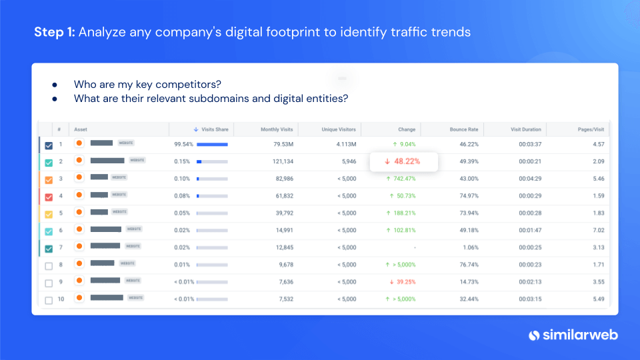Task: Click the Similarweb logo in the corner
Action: (x=573, y=335)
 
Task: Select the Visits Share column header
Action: (x=211, y=129)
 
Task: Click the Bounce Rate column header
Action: (x=464, y=129)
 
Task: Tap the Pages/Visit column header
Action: (x=590, y=129)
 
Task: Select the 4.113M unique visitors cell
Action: (x=345, y=144)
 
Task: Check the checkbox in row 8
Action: (x=49, y=265)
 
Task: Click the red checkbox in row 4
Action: (x=49, y=197)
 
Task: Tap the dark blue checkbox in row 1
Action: (x=49, y=145)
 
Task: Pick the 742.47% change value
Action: (x=403, y=179)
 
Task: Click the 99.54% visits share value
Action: (x=183, y=144)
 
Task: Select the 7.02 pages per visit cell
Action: (x=598, y=231)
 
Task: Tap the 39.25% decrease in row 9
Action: (x=403, y=282)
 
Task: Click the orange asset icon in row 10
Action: (x=79, y=297)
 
